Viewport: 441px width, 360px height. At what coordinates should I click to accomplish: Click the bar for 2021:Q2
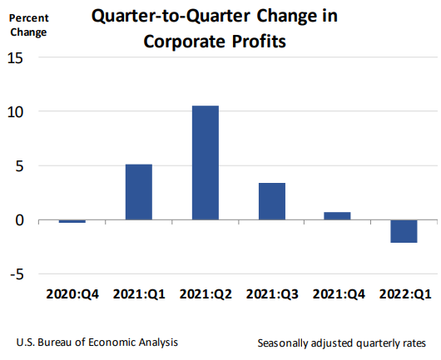(205, 163)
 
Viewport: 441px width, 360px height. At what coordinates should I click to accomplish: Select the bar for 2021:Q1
(139, 192)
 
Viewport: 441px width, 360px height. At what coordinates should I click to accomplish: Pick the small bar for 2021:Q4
(337, 216)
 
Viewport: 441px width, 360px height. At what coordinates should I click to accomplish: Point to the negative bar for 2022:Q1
(404, 231)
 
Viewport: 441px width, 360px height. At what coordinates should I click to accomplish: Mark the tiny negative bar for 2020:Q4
(72, 221)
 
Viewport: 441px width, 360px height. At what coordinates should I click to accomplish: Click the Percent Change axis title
(28, 24)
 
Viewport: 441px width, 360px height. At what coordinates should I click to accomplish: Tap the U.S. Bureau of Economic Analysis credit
(97, 342)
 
